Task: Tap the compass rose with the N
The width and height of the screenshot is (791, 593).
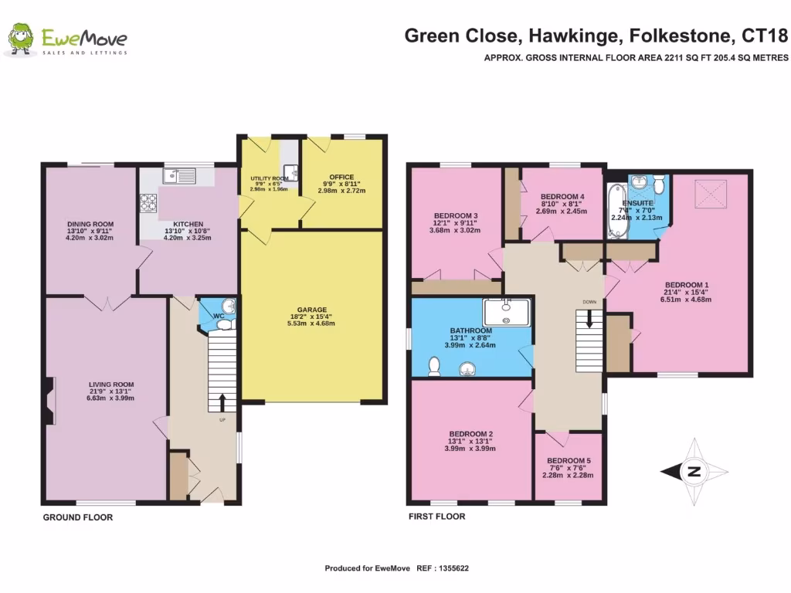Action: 693,471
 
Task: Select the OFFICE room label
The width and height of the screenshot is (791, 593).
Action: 341,177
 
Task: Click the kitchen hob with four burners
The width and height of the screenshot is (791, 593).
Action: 148,202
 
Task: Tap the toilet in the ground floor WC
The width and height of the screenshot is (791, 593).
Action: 226,325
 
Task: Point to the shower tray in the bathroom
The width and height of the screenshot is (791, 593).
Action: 507,312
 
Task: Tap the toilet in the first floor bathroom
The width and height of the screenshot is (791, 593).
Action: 435,363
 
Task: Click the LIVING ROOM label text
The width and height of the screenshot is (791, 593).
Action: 113,384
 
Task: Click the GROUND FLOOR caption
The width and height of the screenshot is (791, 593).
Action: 77,517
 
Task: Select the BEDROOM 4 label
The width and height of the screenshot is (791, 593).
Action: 562,197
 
